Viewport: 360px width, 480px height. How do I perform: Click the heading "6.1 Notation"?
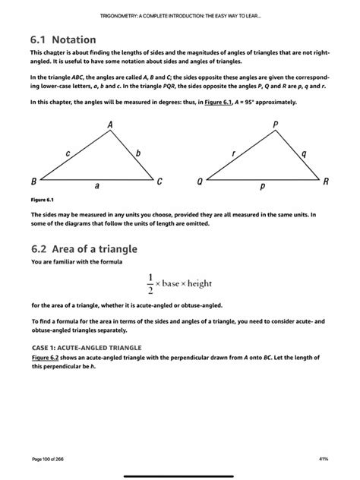tap(64, 39)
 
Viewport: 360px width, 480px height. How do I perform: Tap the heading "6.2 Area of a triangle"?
tap(84, 248)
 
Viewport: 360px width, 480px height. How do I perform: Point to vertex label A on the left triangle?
tap(110, 124)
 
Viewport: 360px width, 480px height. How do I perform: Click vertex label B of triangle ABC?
tap(33, 182)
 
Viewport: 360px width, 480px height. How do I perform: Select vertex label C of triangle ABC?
tap(159, 182)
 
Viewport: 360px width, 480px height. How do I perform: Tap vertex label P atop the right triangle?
tap(275, 124)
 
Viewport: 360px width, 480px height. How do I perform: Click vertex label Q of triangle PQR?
tap(199, 182)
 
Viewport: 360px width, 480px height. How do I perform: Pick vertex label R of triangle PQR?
tap(326, 182)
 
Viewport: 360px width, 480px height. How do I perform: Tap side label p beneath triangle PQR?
tap(263, 185)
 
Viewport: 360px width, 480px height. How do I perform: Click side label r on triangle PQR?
tap(234, 153)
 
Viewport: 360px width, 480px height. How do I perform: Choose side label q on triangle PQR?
tap(304, 153)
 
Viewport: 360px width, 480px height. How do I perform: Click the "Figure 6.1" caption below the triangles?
tap(43, 199)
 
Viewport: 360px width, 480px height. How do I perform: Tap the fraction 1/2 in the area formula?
tap(150, 282)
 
